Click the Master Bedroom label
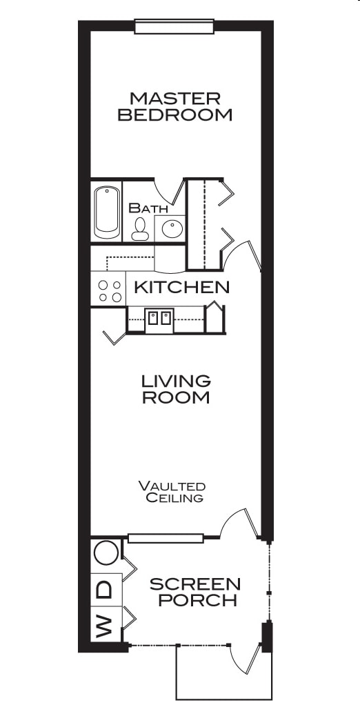pos(174,106)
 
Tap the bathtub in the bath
pos(107,212)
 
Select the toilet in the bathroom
pos(140,228)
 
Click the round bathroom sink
pos(170,227)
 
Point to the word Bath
pos(148,208)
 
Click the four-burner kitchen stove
pos(108,290)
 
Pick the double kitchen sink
pos(159,319)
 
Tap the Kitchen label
pos(181,287)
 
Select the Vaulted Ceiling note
pos(172,491)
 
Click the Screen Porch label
pos(195,592)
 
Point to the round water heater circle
pos(106,554)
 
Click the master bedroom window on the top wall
pos(174,27)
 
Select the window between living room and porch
pos(166,538)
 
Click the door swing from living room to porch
pos(240,524)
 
